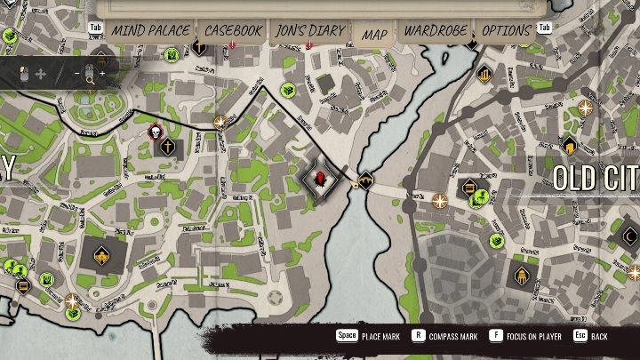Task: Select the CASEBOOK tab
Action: [x=234, y=30]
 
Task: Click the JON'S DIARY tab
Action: [x=309, y=30]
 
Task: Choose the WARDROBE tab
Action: [x=436, y=30]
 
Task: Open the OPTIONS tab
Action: [x=506, y=30]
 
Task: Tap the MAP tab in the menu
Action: [x=374, y=35]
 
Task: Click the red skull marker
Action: [x=154, y=133]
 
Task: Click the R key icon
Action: [x=418, y=337]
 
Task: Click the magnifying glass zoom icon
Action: [x=90, y=78]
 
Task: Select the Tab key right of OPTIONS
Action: [x=544, y=28]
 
